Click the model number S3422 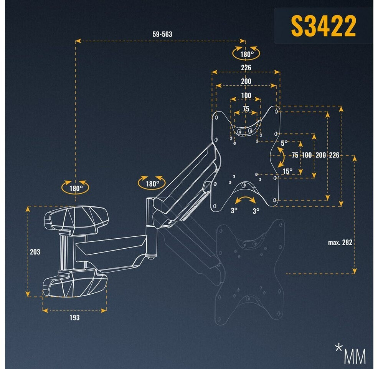click(x=323, y=26)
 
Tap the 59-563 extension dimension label click(x=162, y=34)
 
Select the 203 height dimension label click(x=35, y=252)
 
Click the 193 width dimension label click(x=74, y=317)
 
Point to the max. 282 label click(x=340, y=242)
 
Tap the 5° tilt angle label click(x=284, y=143)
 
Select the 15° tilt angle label click(x=287, y=171)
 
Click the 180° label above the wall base click(x=76, y=188)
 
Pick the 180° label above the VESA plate click(x=247, y=54)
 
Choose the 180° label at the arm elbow click(x=152, y=184)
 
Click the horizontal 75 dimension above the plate click(x=246, y=109)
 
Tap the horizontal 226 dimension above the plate click(x=246, y=68)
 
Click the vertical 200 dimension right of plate click(x=320, y=155)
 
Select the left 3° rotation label click(x=234, y=211)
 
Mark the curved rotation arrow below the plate click(x=245, y=200)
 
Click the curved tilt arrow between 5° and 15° click(x=281, y=157)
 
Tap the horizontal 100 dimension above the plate click(x=246, y=96)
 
